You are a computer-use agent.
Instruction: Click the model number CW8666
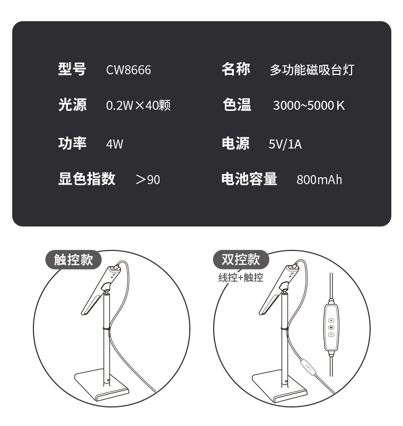pos(128,70)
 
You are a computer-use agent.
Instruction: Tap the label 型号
pos(72,69)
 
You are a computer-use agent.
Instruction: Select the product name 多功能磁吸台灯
pos(312,70)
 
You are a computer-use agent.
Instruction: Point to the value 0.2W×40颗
pos(138,105)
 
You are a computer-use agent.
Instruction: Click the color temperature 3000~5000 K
pos(309,106)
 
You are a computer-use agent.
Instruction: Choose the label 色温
pos(237,105)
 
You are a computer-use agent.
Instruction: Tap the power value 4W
pos(115,144)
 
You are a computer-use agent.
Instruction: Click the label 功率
pos(72,143)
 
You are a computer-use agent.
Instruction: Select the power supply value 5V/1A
pos(285,144)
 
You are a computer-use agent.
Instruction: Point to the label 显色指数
pos(86,179)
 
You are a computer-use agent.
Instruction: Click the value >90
pos(148,180)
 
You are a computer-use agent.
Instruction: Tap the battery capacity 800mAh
pos(319,180)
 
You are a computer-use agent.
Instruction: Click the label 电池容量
pos(249,179)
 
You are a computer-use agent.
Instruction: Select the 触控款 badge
pos(73,260)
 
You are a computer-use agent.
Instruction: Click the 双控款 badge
pos(241,260)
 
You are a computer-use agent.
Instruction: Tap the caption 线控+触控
pos(241,277)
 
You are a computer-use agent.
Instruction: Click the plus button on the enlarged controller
pos(331,320)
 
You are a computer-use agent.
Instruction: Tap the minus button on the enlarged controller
pos(331,335)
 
